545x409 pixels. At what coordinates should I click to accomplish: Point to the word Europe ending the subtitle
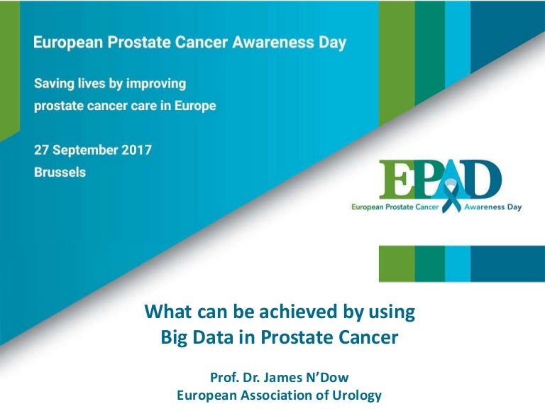pos(195,106)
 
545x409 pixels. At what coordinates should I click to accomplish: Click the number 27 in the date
pos(41,150)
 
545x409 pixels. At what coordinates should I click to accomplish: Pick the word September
pos(85,151)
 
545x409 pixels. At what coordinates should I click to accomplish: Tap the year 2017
pos(136,150)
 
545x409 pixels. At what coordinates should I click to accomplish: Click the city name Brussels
pos(60,172)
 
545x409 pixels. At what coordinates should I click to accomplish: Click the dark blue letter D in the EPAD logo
pos(483,179)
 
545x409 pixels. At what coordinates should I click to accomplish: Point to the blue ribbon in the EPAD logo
pos(451,195)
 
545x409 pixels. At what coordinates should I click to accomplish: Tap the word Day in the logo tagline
pos(514,207)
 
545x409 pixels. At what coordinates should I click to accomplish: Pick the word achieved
pos(299,311)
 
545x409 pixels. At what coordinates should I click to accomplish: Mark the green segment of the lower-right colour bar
pos(397,263)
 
